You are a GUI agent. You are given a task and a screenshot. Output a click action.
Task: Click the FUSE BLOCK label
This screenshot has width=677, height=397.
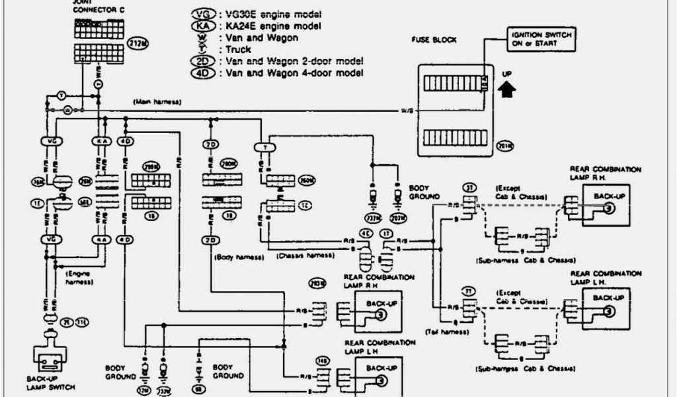click(434, 40)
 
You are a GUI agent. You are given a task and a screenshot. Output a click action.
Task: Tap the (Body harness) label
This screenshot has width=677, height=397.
click(238, 256)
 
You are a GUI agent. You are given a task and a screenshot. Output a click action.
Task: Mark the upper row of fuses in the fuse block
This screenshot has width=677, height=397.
click(453, 84)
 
